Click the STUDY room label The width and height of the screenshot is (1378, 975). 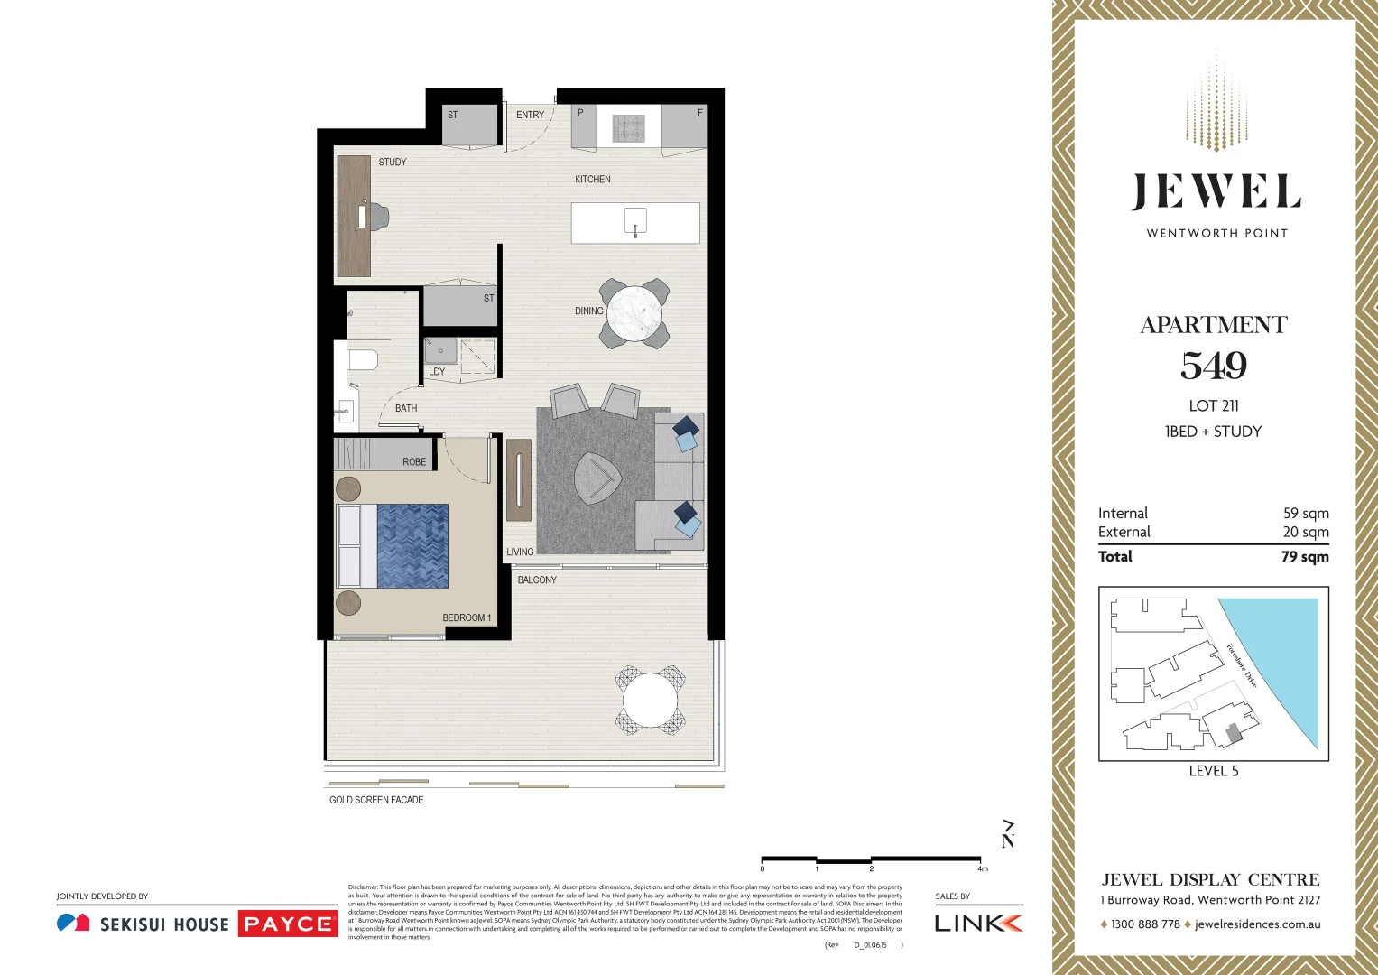(x=393, y=162)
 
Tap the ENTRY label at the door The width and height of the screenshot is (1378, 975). (x=530, y=115)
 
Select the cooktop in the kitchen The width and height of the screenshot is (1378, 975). (x=629, y=128)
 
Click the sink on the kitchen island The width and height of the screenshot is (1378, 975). (x=635, y=221)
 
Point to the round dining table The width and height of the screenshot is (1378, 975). (x=634, y=313)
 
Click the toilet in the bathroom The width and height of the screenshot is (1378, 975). (x=362, y=360)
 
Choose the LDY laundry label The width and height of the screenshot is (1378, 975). (x=437, y=371)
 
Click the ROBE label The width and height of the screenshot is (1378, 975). (x=414, y=461)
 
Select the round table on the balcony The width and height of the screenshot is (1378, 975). (x=650, y=700)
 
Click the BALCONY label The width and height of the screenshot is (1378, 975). (x=537, y=580)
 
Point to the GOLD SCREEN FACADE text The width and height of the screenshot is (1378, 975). (x=376, y=800)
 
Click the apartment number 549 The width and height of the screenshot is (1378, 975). (x=1214, y=366)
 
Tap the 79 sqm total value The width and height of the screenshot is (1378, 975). (x=1305, y=556)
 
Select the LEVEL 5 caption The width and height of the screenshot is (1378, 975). (x=1214, y=771)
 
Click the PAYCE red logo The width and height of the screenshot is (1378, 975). (x=288, y=924)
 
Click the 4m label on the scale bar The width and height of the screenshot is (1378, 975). (x=982, y=868)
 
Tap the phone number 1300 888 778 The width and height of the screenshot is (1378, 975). (x=1145, y=924)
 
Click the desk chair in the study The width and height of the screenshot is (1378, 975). (x=378, y=216)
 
